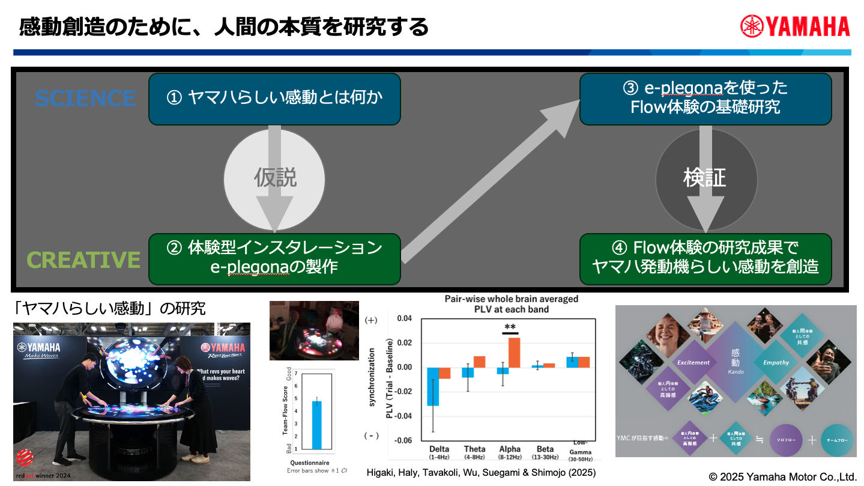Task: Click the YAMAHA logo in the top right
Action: tap(795, 26)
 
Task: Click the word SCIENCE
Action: tap(85, 99)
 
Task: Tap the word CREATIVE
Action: tap(83, 260)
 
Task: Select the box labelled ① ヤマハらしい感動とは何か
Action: tap(274, 99)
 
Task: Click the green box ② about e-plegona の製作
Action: tap(274, 258)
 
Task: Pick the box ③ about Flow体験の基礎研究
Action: tap(705, 99)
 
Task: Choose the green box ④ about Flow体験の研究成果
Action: tap(705, 258)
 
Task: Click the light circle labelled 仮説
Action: tap(275, 178)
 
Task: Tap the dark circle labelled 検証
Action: tap(705, 178)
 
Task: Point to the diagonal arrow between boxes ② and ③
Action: tap(489, 180)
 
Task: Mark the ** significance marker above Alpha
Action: tap(510, 328)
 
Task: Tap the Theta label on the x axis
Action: tap(474, 449)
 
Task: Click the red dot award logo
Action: tap(26, 458)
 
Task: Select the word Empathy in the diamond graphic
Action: tap(776, 362)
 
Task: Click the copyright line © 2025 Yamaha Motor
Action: tap(782, 477)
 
